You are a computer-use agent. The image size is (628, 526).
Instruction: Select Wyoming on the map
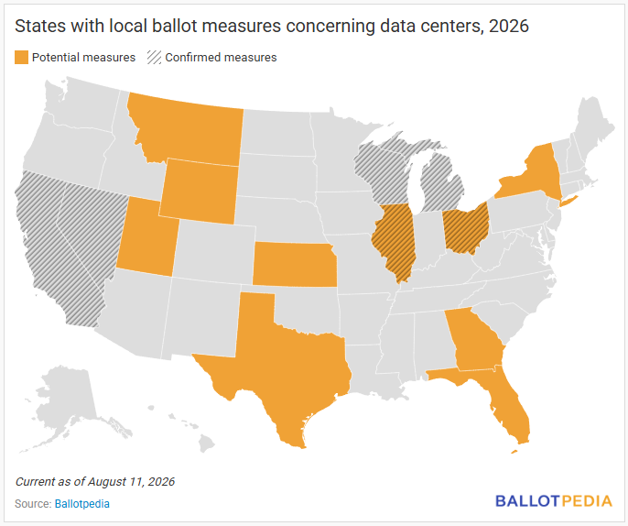click(x=199, y=192)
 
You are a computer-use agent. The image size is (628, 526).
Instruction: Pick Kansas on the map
click(x=294, y=265)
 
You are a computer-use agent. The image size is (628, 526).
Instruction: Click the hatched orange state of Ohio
click(x=466, y=228)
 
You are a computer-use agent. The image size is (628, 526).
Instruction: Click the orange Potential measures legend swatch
click(x=22, y=58)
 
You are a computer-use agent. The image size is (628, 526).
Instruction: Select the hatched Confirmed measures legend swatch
click(x=154, y=58)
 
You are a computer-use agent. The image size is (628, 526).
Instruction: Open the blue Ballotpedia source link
click(x=82, y=504)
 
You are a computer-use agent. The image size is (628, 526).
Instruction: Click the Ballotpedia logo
click(x=554, y=501)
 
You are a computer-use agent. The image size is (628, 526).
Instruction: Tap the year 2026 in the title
click(x=509, y=26)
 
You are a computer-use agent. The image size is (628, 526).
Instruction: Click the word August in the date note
click(x=105, y=481)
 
